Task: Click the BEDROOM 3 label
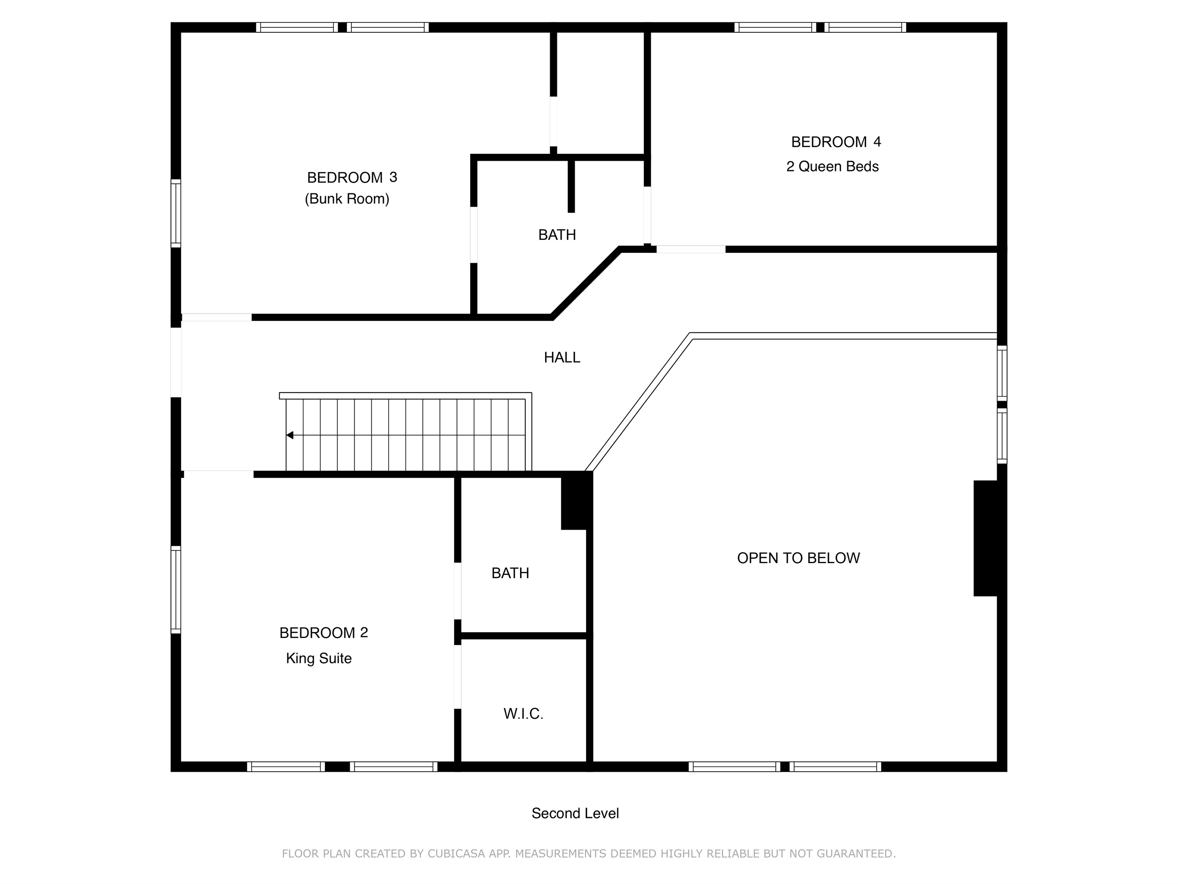click(352, 178)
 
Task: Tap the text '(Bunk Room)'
click(347, 199)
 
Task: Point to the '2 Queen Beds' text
click(832, 167)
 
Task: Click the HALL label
click(562, 358)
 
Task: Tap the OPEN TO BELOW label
click(798, 558)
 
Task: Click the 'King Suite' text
click(319, 659)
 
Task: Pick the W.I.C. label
click(523, 714)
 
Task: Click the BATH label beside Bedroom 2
click(510, 573)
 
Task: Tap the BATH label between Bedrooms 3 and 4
click(557, 235)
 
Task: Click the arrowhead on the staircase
click(290, 435)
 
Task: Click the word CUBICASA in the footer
click(456, 854)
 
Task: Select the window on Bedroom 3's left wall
click(176, 213)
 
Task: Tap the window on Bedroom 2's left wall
click(176, 589)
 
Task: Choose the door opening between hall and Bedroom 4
click(691, 249)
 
